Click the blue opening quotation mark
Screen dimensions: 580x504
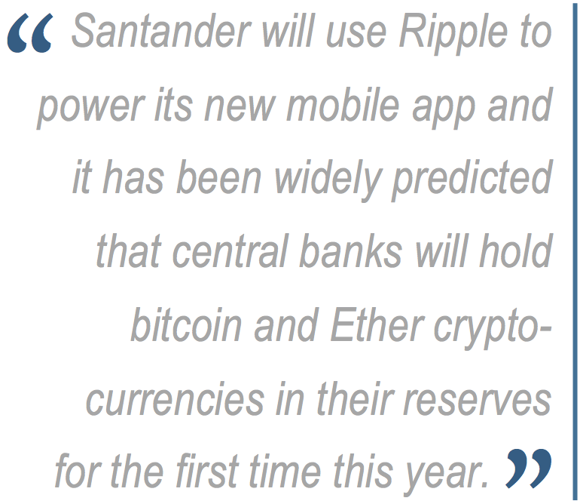[30, 33]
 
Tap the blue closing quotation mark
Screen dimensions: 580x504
[529, 468]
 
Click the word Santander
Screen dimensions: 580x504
[161, 31]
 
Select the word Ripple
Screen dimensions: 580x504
[453, 34]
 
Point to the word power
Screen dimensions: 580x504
[90, 108]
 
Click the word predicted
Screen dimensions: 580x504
[472, 180]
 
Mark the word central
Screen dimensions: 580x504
[230, 251]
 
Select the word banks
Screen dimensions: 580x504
[350, 251]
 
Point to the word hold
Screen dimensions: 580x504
[516, 251]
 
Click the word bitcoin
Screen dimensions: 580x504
[186, 324]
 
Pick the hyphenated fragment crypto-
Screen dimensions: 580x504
[493, 328]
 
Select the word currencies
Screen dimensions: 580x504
[175, 398]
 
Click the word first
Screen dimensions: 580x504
[208, 471]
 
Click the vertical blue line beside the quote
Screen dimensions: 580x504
[575, 252]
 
